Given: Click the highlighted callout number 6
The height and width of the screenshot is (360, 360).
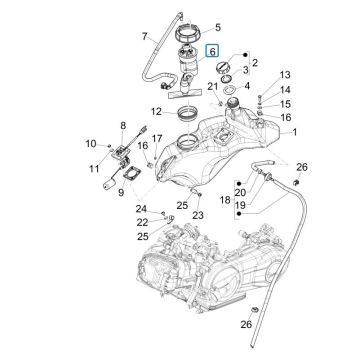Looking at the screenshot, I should coord(211,49).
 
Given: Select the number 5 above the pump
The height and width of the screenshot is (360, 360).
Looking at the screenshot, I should coord(219,28).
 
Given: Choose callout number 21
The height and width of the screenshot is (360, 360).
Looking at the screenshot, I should coord(213,89).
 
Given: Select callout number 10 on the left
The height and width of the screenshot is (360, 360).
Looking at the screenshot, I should coord(91,143).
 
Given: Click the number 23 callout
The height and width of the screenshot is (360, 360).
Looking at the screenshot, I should coord(199,214).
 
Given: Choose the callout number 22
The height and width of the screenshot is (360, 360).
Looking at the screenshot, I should coord(142,222).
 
